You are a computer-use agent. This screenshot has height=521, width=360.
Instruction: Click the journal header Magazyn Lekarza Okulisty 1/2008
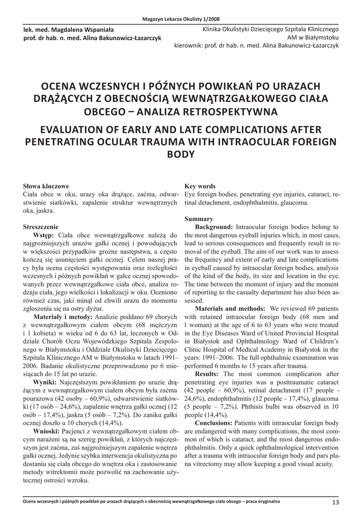[x=180, y=19]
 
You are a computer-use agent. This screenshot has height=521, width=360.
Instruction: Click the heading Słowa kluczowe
[x=46, y=186]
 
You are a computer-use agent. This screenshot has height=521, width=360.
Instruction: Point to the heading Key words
[x=200, y=186]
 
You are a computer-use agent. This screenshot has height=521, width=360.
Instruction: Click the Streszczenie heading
[x=41, y=226]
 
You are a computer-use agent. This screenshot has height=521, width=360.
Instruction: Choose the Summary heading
[x=198, y=219]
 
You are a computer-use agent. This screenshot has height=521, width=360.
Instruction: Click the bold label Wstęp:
[x=44, y=235]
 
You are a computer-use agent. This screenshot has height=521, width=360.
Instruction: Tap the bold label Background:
[x=214, y=227]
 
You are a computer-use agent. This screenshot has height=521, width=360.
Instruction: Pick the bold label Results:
[x=210, y=374]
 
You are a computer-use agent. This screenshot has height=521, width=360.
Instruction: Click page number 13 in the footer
[x=335, y=502]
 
